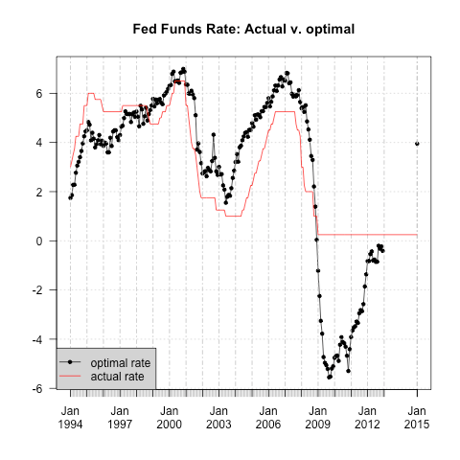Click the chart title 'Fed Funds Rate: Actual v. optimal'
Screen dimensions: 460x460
click(243, 30)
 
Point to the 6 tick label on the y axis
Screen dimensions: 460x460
click(39, 94)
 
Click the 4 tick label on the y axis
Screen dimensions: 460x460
click(39, 143)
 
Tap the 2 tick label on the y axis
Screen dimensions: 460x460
click(39, 192)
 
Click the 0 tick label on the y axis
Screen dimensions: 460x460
click(39, 241)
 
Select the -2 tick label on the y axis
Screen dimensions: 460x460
click(37, 290)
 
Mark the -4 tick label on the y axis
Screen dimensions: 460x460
click(37, 339)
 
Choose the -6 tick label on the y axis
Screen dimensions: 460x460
click(37, 388)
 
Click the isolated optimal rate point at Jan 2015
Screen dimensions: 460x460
click(417, 144)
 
